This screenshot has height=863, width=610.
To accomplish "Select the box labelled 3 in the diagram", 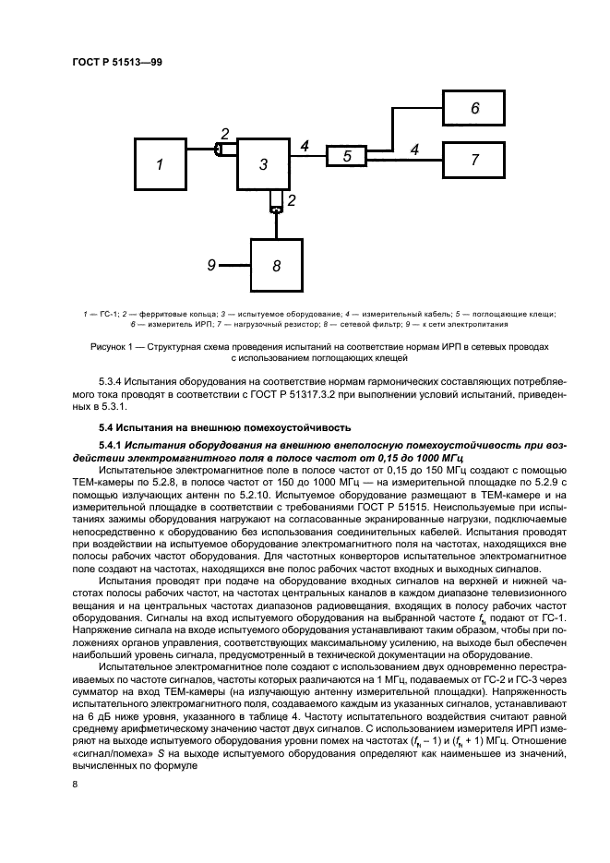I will [x=262, y=165].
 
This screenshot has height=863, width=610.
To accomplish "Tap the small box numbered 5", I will [x=347, y=157].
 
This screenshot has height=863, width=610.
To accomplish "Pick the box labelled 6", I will [x=474, y=109].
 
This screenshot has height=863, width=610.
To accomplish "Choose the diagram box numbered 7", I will [x=474, y=160].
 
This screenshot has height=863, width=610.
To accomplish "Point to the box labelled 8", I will [x=275, y=266].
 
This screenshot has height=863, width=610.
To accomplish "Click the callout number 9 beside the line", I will [x=212, y=265].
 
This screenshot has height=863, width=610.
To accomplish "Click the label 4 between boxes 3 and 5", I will [x=305, y=144].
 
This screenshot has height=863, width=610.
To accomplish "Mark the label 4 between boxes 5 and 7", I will [x=413, y=148].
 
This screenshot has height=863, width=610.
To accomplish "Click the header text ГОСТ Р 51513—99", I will [x=116, y=63].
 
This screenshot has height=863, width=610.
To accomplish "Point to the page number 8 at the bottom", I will [x=75, y=784].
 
